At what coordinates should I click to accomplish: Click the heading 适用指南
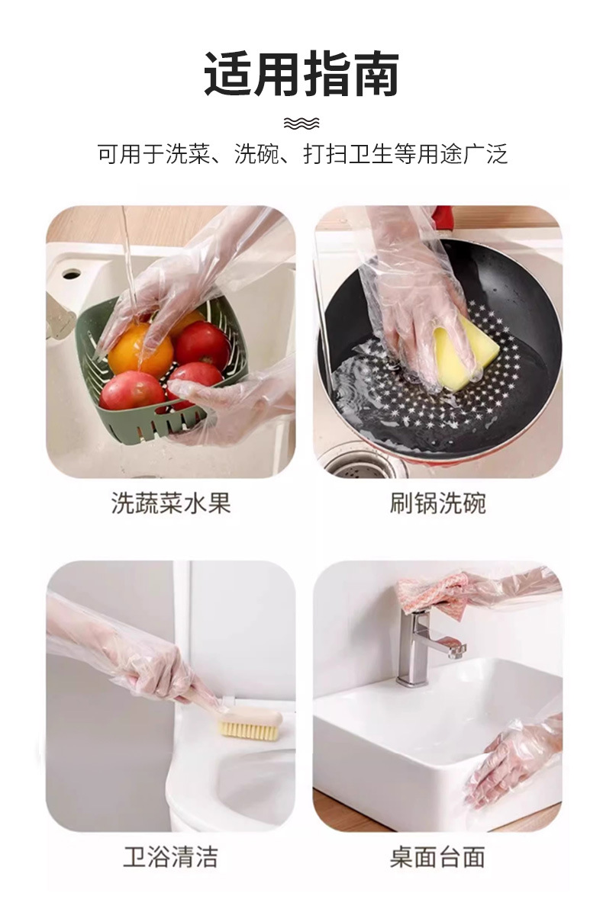click(301, 75)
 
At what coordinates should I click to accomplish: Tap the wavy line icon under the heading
click(301, 123)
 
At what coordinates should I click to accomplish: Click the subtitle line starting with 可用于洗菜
click(301, 155)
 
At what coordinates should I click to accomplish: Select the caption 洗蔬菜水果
click(171, 503)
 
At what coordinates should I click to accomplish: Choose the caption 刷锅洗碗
click(437, 503)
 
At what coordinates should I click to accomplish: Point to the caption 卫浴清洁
click(171, 856)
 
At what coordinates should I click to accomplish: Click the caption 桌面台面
click(437, 856)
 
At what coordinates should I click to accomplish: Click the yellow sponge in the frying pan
click(466, 352)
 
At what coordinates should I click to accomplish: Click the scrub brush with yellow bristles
click(249, 724)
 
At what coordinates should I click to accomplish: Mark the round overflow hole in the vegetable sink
click(72, 272)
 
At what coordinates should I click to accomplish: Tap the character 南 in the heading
click(375, 75)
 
